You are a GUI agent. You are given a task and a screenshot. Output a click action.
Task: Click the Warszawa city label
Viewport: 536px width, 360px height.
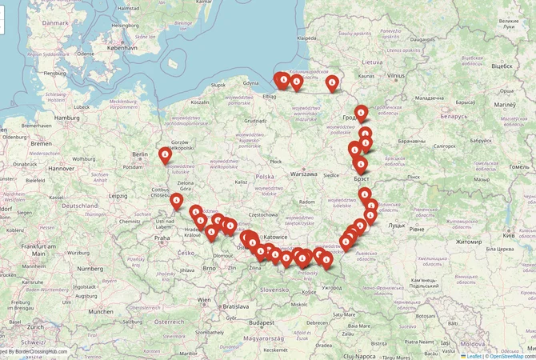[x=304, y=174]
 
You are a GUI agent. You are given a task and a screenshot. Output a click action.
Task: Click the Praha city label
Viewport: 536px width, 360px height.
[x=162, y=237]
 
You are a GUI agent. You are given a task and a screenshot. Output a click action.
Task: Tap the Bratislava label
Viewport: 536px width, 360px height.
[x=236, y=306]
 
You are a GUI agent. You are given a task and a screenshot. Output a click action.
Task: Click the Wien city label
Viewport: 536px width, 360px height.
[x=205, y=301]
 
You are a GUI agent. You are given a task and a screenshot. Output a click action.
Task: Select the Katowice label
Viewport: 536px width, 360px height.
[x=275, y=238]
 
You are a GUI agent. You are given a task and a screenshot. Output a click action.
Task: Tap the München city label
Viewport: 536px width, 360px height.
[x=101, y=311]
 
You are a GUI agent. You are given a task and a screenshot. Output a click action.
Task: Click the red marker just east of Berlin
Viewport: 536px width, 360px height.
[x=165, y=154]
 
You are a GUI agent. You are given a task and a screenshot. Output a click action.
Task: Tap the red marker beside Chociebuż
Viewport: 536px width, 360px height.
[x=176, y=201]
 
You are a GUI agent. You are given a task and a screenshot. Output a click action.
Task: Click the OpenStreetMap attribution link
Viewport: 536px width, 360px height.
[x=512, y=355]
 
